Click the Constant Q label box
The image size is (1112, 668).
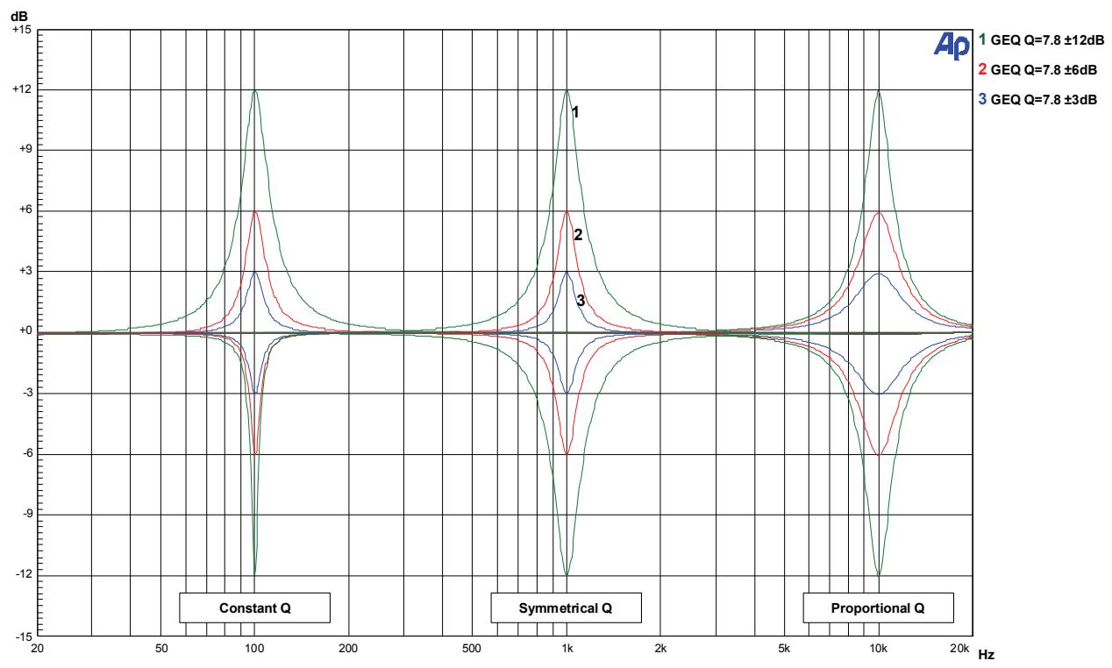(x=254, y=608)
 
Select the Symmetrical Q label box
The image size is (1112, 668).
(x=567, y=608)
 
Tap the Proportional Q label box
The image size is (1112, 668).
(x=878, y=608)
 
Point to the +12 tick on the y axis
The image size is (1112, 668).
(x=21, y=90)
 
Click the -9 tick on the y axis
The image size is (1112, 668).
(x=24, y=515)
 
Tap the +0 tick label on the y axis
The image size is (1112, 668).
(x=24, y=331)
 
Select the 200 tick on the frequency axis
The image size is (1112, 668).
(x=348, y=649)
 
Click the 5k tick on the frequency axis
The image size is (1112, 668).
(x=784, y=649)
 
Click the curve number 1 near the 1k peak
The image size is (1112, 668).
(x=575, y=111)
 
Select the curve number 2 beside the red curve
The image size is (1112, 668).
(x=578, y=234)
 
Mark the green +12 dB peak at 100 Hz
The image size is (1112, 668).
(x=254, y=90)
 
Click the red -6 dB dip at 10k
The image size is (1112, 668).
(x=879, y=455)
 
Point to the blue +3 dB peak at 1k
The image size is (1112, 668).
(x=567, y=272)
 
